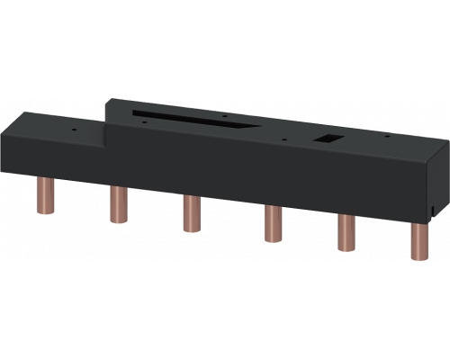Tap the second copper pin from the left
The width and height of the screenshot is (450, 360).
pyautogui.click(x=115, y=204)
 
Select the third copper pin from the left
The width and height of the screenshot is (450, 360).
pyautogui.click(x=190, y=216)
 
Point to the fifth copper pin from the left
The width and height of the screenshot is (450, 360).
pyautogui.click(x=344, y=237)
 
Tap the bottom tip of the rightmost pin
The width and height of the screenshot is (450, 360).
pyautogui.click(x=418, y=258)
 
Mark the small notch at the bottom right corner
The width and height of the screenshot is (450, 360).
pyautogui.click(x=432, y=214)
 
